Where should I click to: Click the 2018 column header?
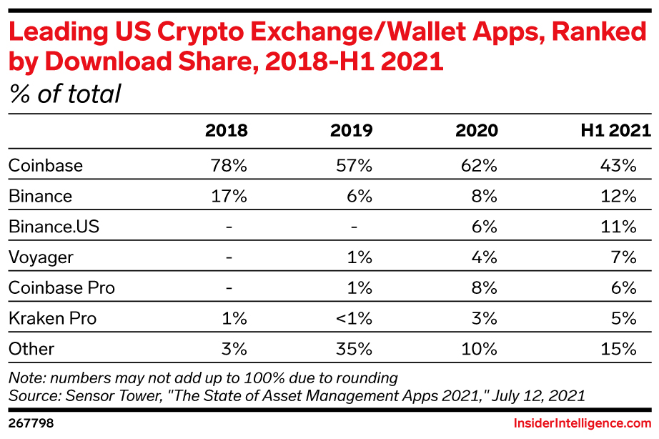pyautogui.click(x=227, y=131)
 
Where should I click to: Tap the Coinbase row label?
pyautogui.click(x=46, y=166)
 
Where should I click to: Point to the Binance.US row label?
pyautogui.click(x=54, y=227)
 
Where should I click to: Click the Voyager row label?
pyautogui.click(x=41, y=257)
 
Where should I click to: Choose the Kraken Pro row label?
pyautogui.click(x=52, y=318)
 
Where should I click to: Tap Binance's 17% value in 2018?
pyautogui.click(x=228, y=196)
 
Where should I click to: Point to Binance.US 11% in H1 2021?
pyautogui.click(x=618, y=227)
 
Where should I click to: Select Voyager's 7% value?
pyautogui.click(x=623, y=257)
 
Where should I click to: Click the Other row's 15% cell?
pyautogui.click(x=618, y=349)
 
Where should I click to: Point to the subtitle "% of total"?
pyautogui.click(x=65, y=94)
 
